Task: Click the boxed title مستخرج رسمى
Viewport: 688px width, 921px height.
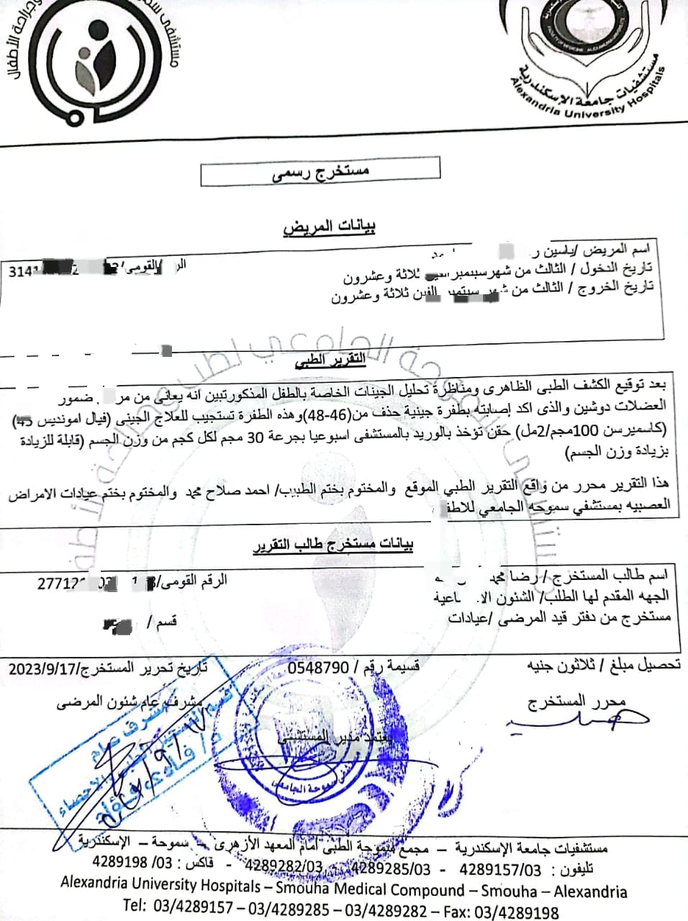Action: pyautogui.click(x=320, y=171)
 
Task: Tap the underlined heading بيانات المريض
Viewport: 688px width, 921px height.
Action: pyautogui.click(x=330, y=227)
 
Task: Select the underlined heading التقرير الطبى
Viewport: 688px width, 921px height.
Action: pyautogui.click(x=332, y=360)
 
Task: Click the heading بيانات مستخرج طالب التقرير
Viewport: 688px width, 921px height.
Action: pyautogui.click(x=333, y=545)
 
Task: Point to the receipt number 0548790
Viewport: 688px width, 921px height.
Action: pyautogui.click(x=319, y=668)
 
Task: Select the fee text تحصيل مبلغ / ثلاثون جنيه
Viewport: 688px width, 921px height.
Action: pyautogui.click(x=603, y=666)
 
